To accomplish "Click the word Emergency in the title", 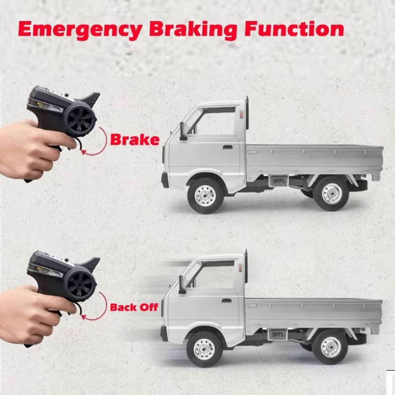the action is [80, 30].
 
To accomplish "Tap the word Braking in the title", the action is [193, 30].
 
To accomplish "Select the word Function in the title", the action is [294, 28].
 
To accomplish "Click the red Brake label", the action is [135, 139].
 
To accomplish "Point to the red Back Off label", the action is [134, 307].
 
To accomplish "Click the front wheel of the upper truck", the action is [205, 196].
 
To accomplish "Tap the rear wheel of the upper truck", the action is [331, 194].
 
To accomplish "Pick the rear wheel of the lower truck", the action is [330, 347].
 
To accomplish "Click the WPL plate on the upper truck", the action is [279, 181].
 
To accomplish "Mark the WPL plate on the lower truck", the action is [277, 334].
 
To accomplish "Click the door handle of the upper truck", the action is [227, 147].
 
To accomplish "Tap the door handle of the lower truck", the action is [226, 300].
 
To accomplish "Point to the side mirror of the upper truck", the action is [182, 131].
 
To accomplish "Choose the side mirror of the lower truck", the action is [182, 284].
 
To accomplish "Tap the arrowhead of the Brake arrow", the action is [83, 152].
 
